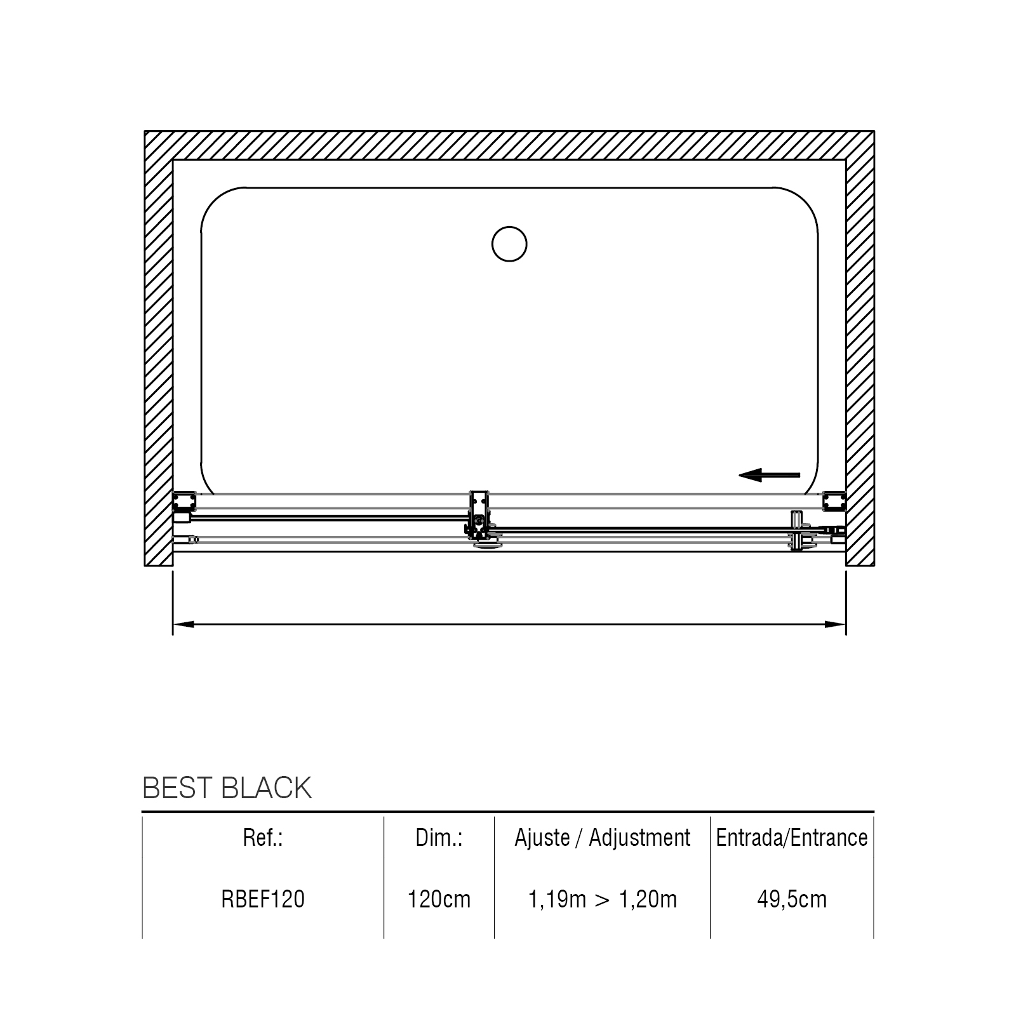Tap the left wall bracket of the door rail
pyautogui.click(x=185, y=502)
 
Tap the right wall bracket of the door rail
pyautogui.click(x=834, y=501)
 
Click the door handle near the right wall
pyautogui.click(x=798, y=530)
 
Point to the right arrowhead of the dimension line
pyautogui.click(x=835, y=624)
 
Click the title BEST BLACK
pyautogui.click(x=227, y=788)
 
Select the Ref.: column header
pyautogui.click(x=263, y=838)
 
